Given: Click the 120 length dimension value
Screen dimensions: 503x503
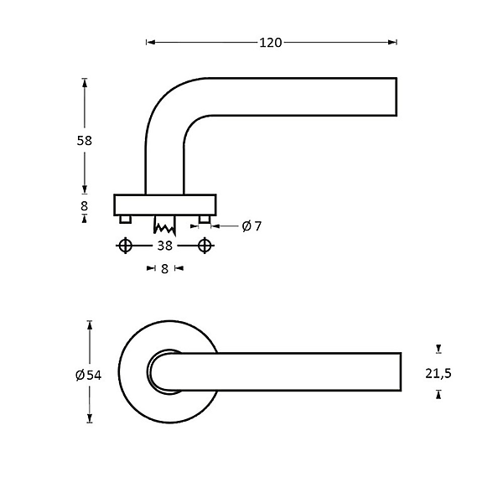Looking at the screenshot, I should (271, 41).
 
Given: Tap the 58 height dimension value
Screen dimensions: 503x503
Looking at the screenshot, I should (84, 140).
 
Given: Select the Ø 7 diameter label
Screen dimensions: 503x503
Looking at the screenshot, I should (251, 226).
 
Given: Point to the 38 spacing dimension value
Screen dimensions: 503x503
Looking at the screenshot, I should (164, 246).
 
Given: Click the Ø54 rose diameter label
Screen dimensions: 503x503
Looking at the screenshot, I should (88, 375).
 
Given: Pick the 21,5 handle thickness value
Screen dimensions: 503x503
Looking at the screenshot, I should (438, 374).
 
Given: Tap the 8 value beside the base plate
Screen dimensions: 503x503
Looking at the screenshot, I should (84, 205).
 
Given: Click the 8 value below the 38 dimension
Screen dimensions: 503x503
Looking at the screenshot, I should (165, 268).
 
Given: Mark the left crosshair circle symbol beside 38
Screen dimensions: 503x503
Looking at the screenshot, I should (126, 246).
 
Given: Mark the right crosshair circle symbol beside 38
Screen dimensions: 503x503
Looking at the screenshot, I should (204, 246).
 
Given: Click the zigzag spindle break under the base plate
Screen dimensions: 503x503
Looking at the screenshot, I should (163, 225).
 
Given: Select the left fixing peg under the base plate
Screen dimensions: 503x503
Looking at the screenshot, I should (126, 219).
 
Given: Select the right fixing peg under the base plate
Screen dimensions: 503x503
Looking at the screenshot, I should (204, 219).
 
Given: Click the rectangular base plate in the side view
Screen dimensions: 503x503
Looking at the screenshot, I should (164, 204).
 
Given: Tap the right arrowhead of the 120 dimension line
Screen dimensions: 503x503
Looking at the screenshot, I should (393, 41).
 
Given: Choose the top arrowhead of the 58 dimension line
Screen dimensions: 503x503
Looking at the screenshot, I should (84, 82).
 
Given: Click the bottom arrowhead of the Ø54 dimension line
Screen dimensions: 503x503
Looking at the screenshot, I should (90, 420).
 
